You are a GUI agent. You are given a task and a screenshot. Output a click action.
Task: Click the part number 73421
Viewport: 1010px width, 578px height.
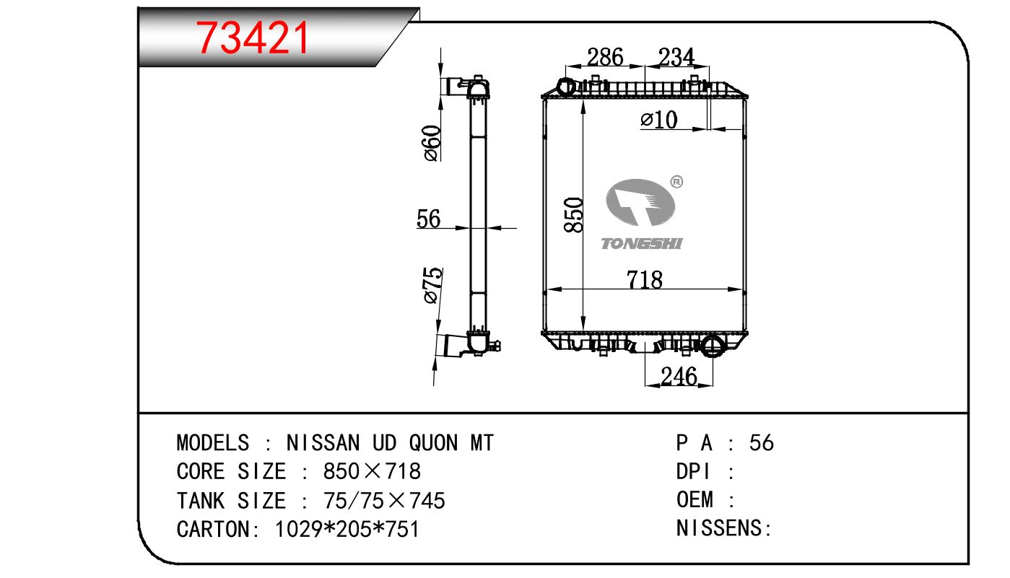click(253, 38)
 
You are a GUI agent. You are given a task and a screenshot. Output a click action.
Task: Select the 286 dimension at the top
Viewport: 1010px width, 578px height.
click(604, 57)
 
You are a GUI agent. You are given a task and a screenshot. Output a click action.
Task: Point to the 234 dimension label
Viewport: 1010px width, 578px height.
click(676, 57)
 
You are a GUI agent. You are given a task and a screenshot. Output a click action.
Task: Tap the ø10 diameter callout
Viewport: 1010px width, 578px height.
click(658, 120)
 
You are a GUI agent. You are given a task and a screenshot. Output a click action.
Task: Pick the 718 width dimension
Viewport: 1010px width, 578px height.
click(645, 279)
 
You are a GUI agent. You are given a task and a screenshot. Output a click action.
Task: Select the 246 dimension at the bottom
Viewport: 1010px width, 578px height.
click(678, 376)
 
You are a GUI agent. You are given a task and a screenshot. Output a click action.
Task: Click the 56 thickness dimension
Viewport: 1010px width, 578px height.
click(429, 219)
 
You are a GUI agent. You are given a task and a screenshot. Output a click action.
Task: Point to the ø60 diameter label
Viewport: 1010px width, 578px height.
click(431, 143)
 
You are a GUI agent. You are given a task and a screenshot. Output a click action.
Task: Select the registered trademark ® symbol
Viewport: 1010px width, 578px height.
click(676, 182)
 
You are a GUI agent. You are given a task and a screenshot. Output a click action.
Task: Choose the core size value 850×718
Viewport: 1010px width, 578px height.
click(372, 471)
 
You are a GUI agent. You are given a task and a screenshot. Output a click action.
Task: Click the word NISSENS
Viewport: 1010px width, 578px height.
click(721, 528)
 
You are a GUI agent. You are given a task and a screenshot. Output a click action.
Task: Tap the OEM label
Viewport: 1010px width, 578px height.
click(695, 499)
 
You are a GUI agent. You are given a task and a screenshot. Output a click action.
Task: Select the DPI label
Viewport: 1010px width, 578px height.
click(694, 471)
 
